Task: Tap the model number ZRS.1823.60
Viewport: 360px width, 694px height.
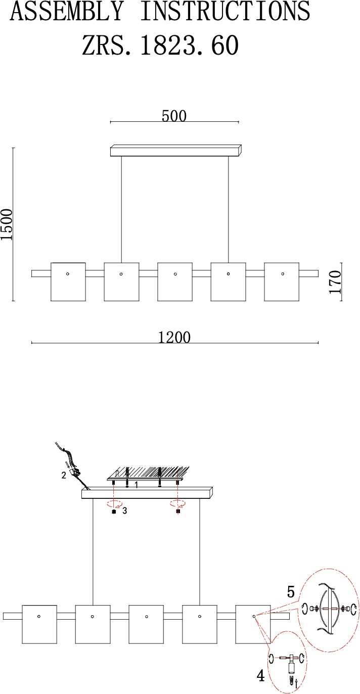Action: point(160,45)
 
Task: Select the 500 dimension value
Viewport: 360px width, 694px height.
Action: point(174,116)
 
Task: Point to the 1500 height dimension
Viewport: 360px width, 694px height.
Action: point(7,224)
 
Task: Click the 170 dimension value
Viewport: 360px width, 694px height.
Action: point(335,282)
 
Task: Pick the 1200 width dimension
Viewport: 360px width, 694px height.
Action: point(174,337)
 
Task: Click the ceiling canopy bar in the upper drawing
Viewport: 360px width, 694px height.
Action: point(175,150)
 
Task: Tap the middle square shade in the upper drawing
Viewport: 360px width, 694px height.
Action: point(175,282)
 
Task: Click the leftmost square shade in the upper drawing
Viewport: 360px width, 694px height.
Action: point(68,282)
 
